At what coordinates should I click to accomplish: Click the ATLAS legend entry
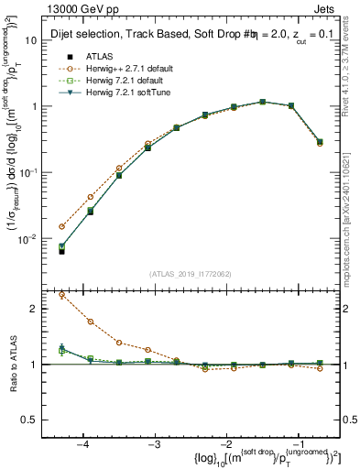pyautogui.click(x=101, y=56)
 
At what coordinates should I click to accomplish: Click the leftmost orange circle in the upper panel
pyautogui.click(x=61, y=226)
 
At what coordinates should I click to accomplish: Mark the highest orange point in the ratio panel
pyautogui.click(x=61, y=295)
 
